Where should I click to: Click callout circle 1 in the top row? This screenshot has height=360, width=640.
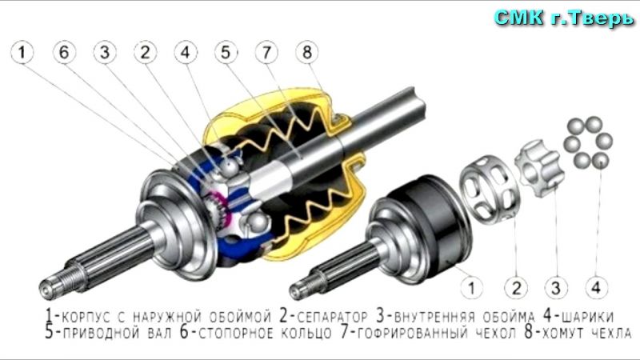coord(22,52)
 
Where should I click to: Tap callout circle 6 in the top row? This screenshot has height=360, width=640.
coord(65,52)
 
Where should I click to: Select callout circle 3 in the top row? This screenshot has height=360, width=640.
coord(105,52)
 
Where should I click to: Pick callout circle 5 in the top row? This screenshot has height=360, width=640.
coord(226,52)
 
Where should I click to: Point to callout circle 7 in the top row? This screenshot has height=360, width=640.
coord(266,52)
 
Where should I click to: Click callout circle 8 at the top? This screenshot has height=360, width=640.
coord(307,52)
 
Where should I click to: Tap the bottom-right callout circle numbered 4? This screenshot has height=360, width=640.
coord(596,288)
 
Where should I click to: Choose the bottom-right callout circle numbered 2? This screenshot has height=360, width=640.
coord(516,288)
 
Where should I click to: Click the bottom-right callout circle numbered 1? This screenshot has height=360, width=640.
coord(472,288)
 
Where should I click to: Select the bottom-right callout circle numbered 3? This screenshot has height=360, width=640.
coord(556,288)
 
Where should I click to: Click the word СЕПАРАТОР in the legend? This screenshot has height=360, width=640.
coord(332,317)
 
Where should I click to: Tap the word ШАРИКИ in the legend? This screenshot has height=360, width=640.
coord(588,317)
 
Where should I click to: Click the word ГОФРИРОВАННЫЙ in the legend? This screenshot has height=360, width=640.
coord(413,333)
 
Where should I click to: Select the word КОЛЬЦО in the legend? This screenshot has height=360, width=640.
coord(306,333)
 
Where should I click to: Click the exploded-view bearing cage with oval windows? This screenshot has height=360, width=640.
coord(490,187)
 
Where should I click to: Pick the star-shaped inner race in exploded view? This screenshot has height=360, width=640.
coord(539,168)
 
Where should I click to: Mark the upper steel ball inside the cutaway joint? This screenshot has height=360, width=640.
coord(230,167)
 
